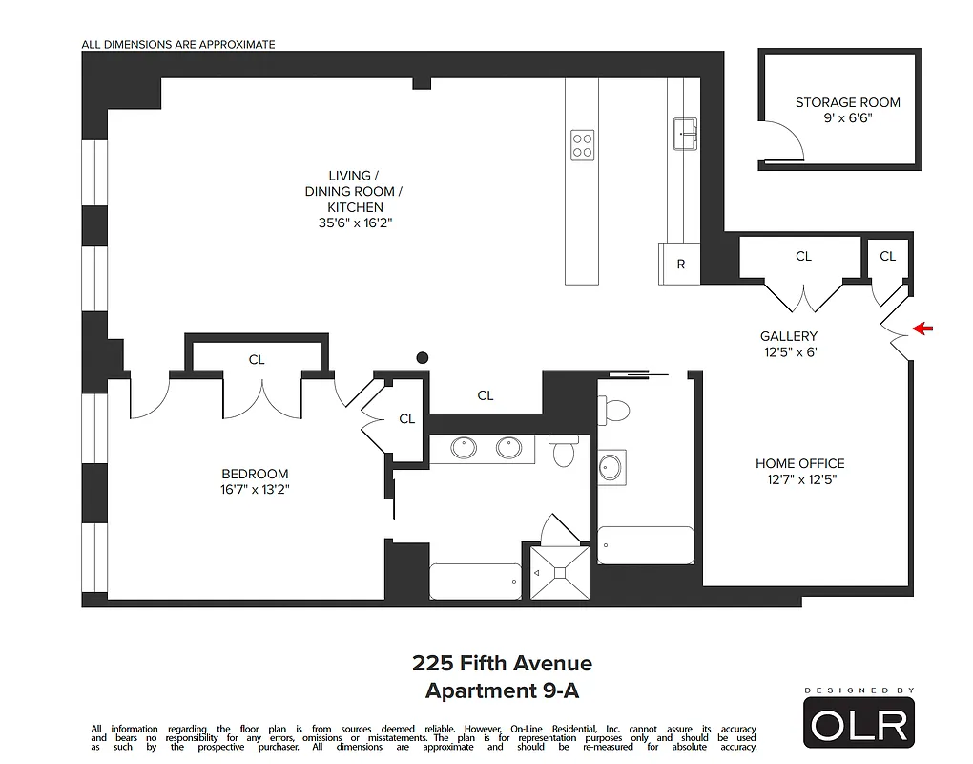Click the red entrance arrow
[923, 329]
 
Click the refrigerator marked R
[680, 265]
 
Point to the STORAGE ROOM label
[847, 102]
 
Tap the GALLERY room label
[788, 336]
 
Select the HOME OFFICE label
[799, 463]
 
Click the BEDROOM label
[255, 474]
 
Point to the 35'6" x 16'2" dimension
[355, 223]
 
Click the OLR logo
[859, 723]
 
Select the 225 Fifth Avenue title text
[502, 663]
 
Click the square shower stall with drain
[560, 572]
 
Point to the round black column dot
[423, 358]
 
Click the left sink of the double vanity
[465, 447]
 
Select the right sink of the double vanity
[508, 447]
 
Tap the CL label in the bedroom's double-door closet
[257, 360]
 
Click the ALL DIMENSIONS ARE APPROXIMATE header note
[178, 44]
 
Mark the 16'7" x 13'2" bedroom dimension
[254, 490]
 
